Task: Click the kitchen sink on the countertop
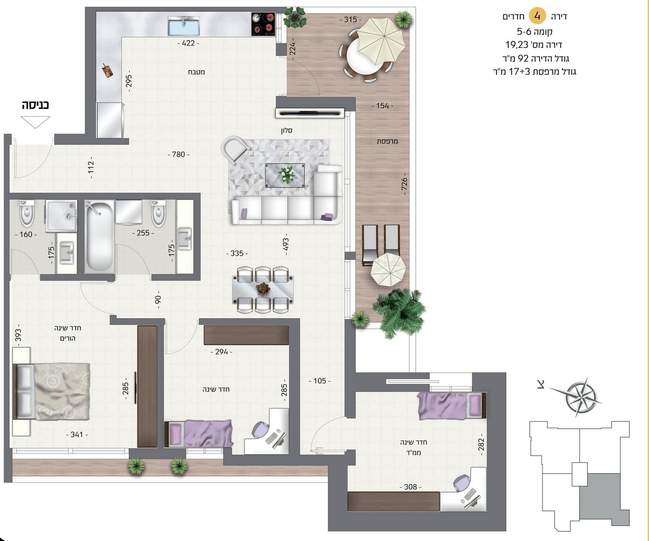coord(184,26)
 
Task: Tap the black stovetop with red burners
coord(263,24)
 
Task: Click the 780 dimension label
coord(178,154)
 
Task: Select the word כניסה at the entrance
coord(35,105)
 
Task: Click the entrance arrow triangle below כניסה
coord(35,122)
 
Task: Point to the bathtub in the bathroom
coord(100,237)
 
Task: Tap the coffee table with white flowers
coord(284,175)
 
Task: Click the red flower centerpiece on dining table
coord(263,289)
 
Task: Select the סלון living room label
coord(286,130)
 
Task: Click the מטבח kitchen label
coord(196,72)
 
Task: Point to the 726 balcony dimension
coord(404,184)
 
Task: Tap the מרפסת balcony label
coord(387,141)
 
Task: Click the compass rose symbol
coord(581,397)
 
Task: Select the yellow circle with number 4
coord(538,16)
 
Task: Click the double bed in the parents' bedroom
coord(51,392)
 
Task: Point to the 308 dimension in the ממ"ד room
coord(410,487)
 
